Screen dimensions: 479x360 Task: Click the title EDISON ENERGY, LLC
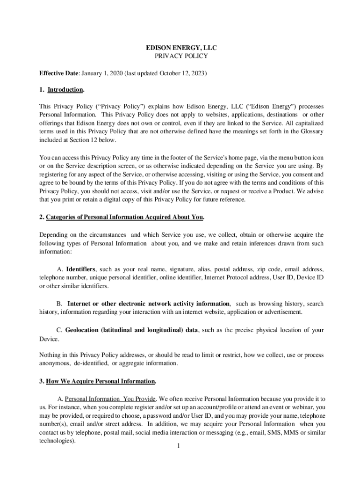point(180,48)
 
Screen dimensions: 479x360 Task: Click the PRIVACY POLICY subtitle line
point(180,56)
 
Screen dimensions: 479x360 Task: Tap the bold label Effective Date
point(59,74)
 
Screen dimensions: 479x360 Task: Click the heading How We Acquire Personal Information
point(101,381)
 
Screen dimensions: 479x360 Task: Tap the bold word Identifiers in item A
point(81,269)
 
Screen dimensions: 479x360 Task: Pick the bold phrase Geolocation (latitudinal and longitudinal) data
point(131,330)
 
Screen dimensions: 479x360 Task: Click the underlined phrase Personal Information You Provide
point(110,399)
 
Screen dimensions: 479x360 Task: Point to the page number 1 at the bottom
point(179,445)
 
